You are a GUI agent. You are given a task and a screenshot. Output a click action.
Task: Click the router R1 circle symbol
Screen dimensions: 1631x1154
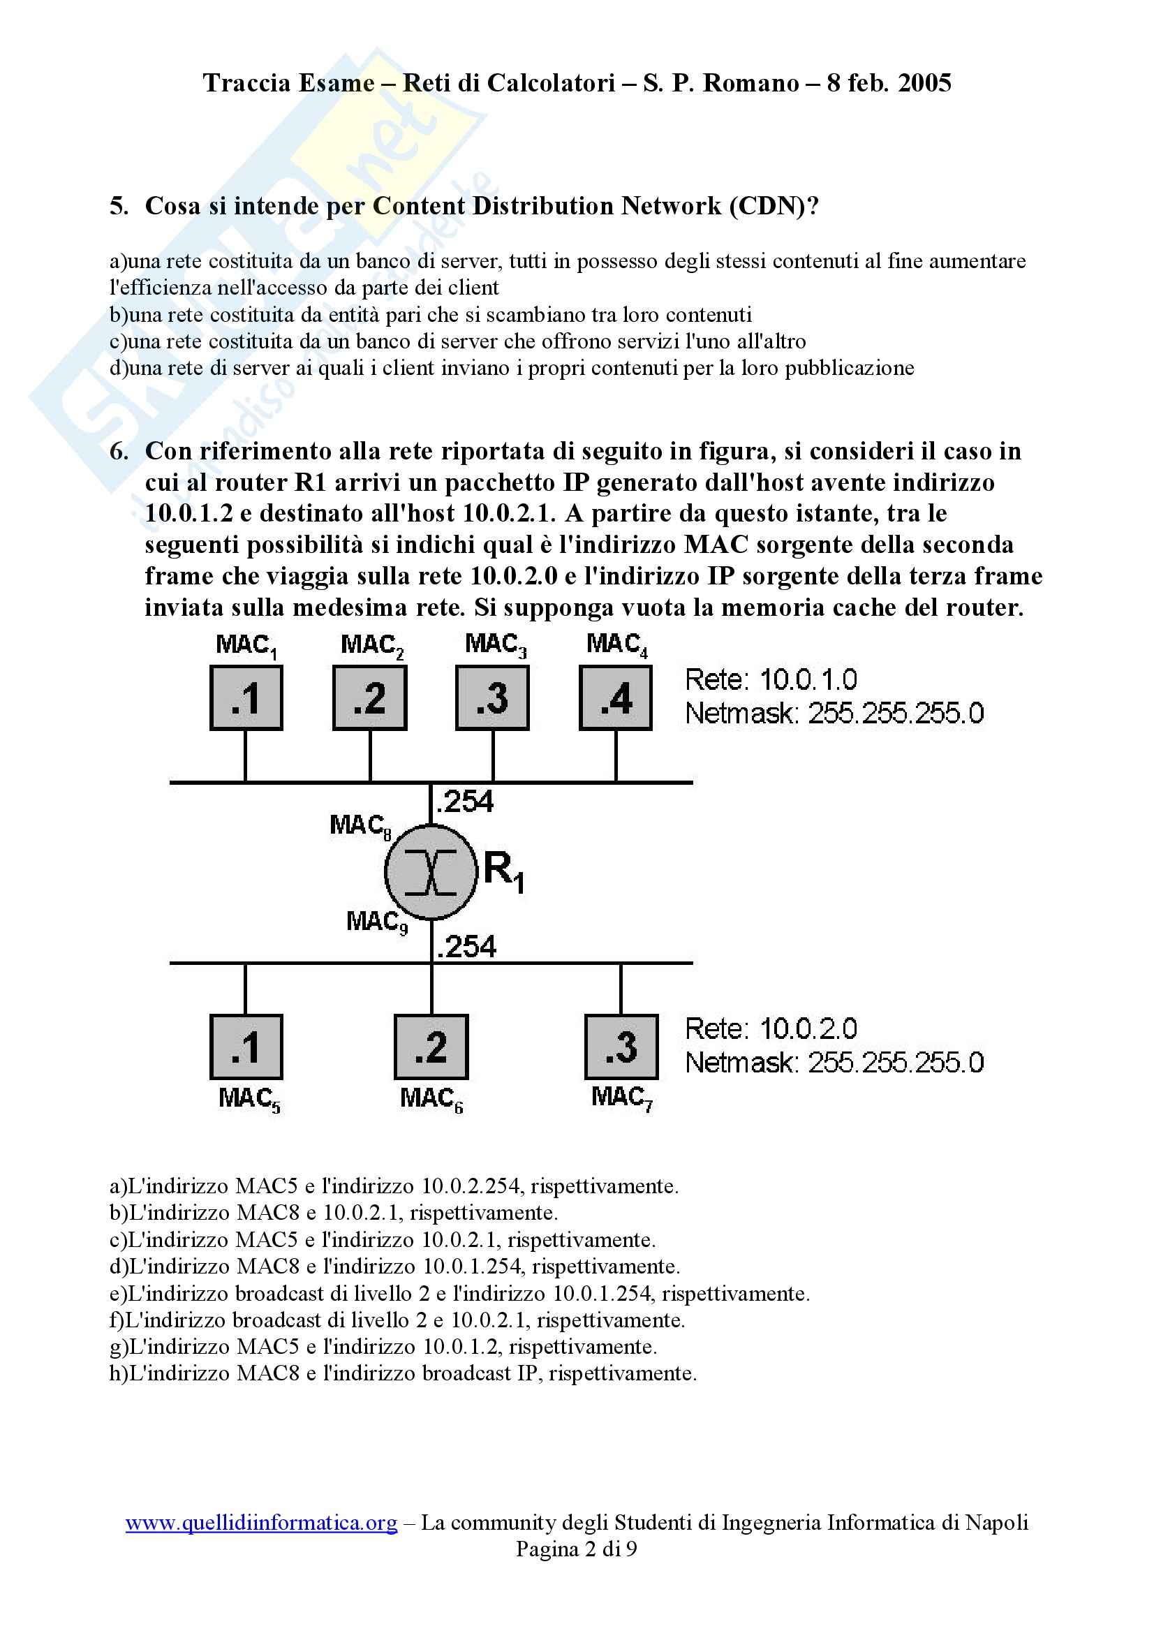[431, 871]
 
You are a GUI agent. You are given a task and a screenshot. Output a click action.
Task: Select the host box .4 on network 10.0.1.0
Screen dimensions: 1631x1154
[615, 698]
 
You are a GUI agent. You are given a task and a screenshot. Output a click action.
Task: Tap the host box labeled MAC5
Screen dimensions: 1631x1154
[246, 1047]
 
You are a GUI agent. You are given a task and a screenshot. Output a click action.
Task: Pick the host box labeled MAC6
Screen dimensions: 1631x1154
[431, 1047]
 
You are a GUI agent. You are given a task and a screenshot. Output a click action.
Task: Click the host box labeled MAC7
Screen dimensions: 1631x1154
[621, 1047]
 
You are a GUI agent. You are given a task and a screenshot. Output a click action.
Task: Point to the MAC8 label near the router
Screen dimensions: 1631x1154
[360, 826]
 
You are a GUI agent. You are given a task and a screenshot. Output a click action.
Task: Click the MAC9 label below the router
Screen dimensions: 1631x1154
[376, 922]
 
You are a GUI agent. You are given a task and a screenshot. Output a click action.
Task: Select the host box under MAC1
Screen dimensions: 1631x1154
[246, 698]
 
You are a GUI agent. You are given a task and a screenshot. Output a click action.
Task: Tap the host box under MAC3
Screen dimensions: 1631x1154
[492, 698]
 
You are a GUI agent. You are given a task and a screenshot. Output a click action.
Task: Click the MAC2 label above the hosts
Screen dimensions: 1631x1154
[371, 645]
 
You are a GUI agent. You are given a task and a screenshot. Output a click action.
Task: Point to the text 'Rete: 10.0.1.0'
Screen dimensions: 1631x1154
[770, 680]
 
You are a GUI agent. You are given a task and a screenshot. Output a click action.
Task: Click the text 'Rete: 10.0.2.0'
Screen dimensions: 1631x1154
[770, 1029]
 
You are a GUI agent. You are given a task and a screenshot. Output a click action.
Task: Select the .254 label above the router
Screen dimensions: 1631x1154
[466, 802]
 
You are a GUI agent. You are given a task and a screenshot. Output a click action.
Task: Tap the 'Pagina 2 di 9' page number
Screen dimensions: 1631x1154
[576, 1549]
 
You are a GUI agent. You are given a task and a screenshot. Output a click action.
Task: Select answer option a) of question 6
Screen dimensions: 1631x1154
[394, 1186]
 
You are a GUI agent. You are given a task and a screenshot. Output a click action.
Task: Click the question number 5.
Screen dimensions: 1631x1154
[119, 206]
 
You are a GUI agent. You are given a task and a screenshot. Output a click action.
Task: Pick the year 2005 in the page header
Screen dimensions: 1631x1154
[924, 83]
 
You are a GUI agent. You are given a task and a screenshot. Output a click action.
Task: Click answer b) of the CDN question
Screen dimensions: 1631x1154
[430, 314]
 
